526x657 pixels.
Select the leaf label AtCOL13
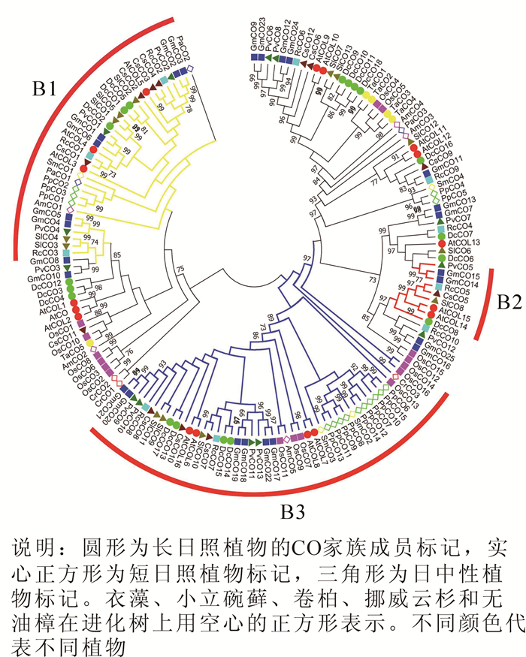coord(467,243)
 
